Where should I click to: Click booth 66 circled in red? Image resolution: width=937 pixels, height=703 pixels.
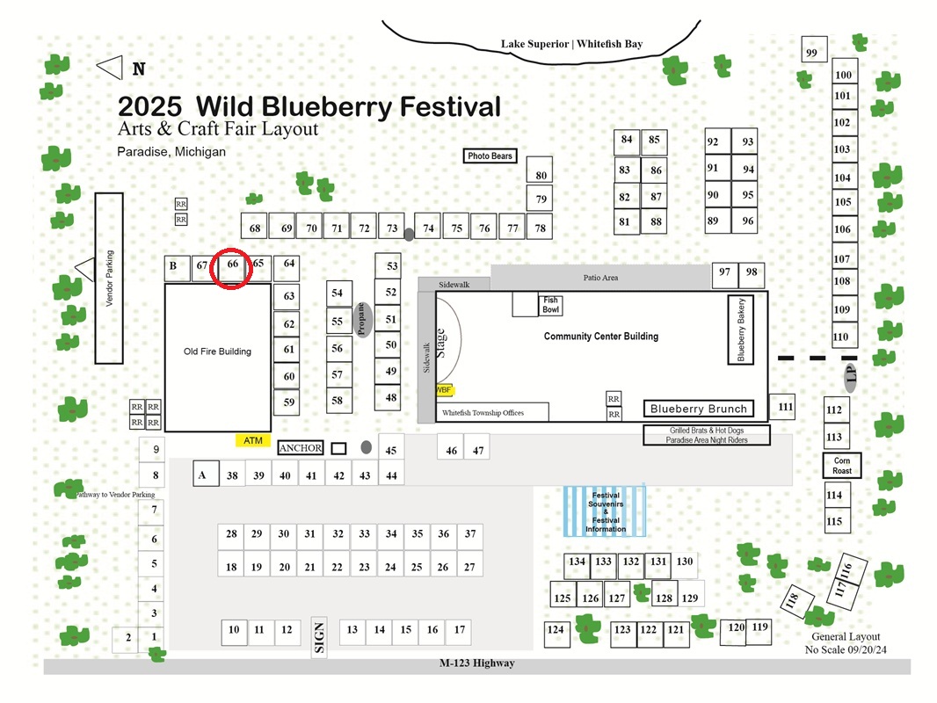(x=232, y=269)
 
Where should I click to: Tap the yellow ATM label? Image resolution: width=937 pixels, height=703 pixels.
(x=253, y=441)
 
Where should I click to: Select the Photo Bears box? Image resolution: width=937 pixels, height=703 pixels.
(x=490, y=156)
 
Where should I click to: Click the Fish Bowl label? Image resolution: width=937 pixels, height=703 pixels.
(x=550, y=305)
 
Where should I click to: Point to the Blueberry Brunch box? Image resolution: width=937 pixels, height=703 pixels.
(x=699, y=409)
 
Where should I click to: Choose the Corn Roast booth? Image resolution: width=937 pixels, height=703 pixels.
(x=842, y=465)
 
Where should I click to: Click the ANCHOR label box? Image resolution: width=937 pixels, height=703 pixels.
(x=301, y=448)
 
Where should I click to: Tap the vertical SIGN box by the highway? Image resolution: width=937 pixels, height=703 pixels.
(x=319, y=637)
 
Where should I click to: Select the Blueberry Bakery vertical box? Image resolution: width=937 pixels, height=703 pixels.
(x=740, y=330)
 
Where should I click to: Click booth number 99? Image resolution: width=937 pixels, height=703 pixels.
(x=814, y=49)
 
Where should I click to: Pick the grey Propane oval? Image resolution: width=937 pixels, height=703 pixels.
(x=362, y=320)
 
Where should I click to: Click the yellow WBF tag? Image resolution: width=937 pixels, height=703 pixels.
(x=444, y=390)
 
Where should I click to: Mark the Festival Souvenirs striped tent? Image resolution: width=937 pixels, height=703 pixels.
(x=605, y=511)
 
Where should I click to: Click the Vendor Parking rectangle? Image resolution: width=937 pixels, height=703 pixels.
(x=109, y=279)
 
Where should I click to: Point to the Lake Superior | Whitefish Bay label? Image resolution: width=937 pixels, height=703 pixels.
(x=572, y=44)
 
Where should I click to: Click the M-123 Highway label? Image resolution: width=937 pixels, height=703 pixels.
(x=477, y=663)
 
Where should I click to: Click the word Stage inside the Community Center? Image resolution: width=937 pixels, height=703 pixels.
(x=441, y=343)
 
